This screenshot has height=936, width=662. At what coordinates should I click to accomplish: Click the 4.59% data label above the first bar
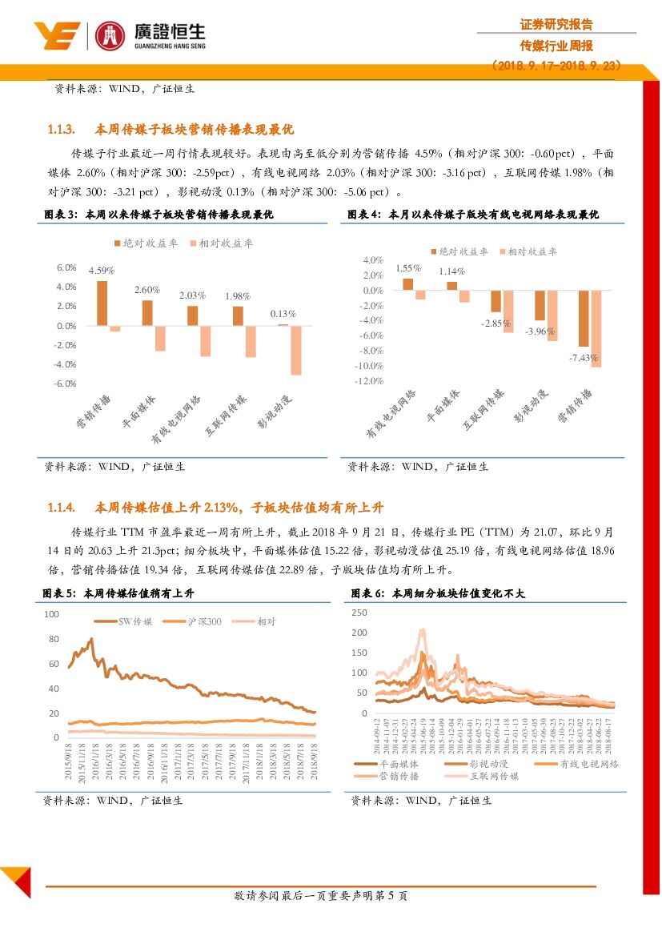click(x=102, y=271)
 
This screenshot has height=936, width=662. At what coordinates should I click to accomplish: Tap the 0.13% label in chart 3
click(x=283, y=314)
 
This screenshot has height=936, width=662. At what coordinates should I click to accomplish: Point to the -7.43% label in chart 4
click(x=583, y=357)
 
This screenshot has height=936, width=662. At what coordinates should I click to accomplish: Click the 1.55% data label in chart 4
click(x=407, y=268)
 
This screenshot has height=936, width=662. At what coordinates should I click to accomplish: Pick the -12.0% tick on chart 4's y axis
click(x=371, y=381)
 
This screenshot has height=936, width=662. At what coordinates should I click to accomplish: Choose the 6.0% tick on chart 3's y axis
click(x=66, y=267)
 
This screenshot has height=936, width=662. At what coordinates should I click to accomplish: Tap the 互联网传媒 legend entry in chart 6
click(x=487, y=776)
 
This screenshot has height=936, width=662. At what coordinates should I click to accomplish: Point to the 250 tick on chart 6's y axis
click(x=359, y=613)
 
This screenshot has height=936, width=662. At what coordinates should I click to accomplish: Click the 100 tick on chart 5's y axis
click(x=51, y=614)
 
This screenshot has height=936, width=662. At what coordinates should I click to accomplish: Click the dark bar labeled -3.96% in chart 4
click(x=540, y=305)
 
